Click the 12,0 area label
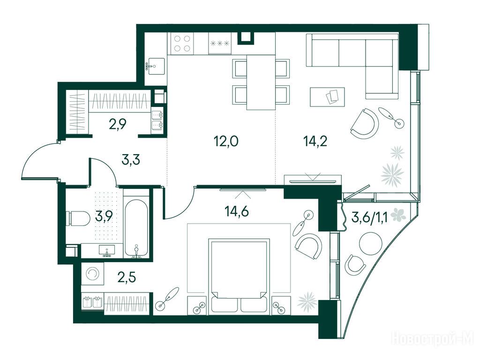[225, 142]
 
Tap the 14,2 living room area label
[315, 142]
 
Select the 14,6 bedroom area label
[236, 211]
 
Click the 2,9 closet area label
[118, 124]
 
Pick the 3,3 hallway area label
[131, 160]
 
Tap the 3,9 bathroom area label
[104, 216]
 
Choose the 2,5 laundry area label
[127, 278]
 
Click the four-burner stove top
[182, 43]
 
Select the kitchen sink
[156, 66]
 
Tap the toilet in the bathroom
[78, 218]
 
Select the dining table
[261, 82]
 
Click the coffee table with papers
[327, 97]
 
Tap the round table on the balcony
[370, 243]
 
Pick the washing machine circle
[92, 274]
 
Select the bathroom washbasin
[107, 251]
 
